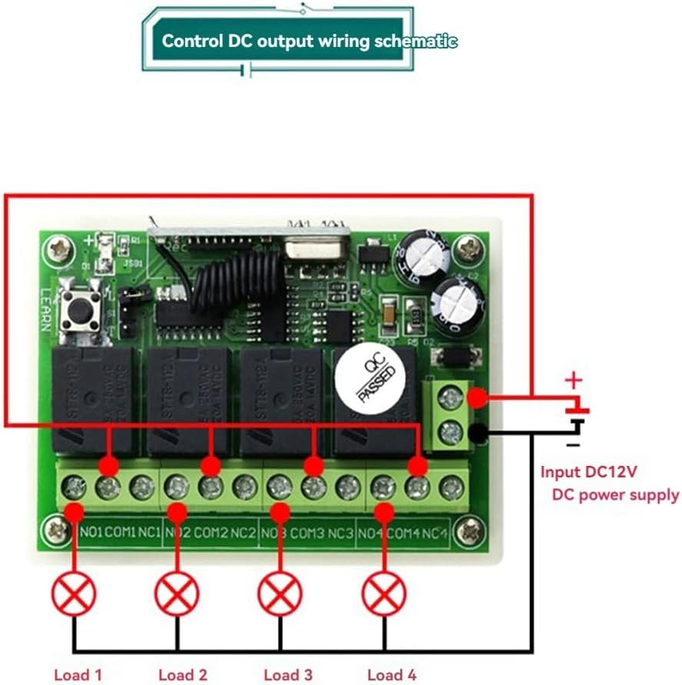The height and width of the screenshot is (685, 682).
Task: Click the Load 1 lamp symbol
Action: pyautogui.click(x=74, y=594)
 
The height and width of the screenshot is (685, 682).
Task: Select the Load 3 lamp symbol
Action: pyautogui.click(x=280, y=594)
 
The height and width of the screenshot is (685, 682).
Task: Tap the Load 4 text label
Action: pyautogui.click(x=392, y=675)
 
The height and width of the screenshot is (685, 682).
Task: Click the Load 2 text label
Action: pyautogui.click(x=183, y=675)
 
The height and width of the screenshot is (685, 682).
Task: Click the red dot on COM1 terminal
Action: pyautogui.click(x=108, y=466)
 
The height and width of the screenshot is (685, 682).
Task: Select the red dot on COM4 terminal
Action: pyautogui.click(x=417, y=466)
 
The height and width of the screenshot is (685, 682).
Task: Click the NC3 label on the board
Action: pyautogui.click(x=341, y=532)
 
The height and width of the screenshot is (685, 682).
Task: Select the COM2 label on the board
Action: pyautogui.click(x=210, y=532)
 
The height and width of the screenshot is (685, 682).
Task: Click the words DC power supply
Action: pyautogui.click(x=615, y=494)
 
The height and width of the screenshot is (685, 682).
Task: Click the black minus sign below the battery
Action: pyautogui.click(x=572, y=444)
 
